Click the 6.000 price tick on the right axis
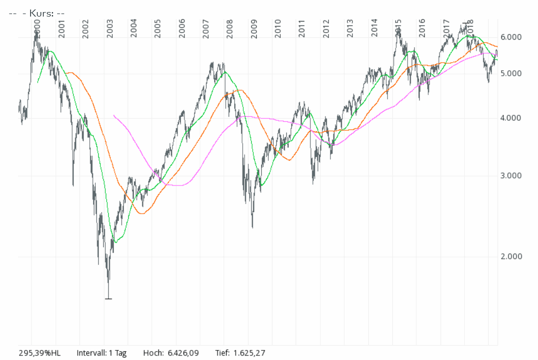click(511, 38)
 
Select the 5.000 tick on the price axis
click(511, 74)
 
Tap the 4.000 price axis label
click(511, 118)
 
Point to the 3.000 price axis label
click(511, 176)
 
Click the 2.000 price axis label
click(511, 257)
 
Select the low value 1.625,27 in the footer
click(248, 353)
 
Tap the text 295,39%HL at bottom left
click(40, 353)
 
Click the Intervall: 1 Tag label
click(102, 353)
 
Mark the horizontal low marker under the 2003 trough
click(108, 299)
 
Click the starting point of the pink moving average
click(114, 115)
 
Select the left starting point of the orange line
click(65, 73)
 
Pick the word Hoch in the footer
click(152, 353)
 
